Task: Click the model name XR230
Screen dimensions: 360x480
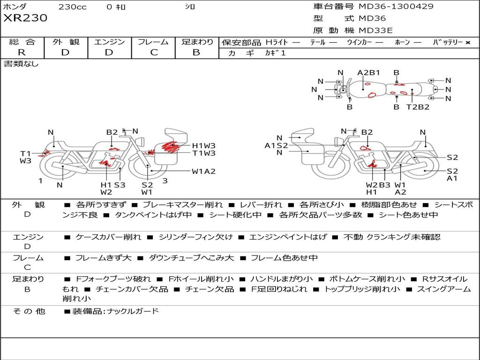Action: pos(25,18)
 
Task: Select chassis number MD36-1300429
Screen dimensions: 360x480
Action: pos(396,7)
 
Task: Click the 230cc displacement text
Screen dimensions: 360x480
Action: pos(72,7)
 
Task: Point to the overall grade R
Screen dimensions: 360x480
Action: pos(22,52)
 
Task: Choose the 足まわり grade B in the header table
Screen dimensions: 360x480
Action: pos(196,52)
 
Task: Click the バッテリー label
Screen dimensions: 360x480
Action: pos(448,42)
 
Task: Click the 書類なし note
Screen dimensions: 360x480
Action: pos(21,64)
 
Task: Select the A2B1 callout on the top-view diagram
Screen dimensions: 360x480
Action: pos(368,73)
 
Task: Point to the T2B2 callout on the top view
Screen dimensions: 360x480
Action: pos(418,107)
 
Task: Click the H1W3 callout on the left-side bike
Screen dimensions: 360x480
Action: pos(203,146)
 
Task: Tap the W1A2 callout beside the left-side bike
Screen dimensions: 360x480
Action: pos(203,171)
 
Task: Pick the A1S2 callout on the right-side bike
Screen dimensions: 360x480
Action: pos(276,145)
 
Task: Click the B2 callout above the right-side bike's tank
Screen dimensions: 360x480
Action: pos(367,133)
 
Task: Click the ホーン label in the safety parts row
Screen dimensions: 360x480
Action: pos(402,42)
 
